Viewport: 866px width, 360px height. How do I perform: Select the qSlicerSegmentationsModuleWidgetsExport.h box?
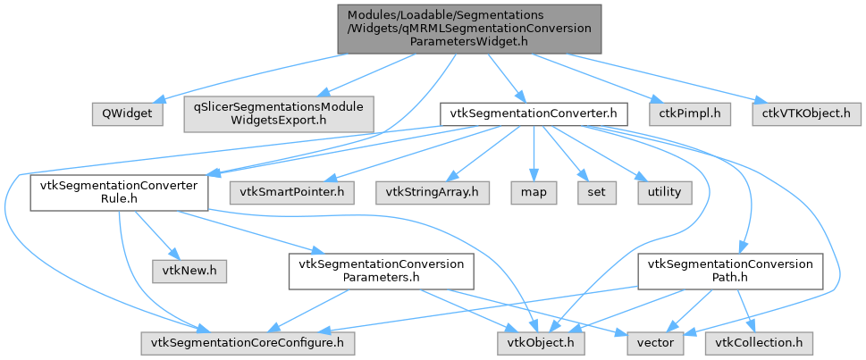[279, 113]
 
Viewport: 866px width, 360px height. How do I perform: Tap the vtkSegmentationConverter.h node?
[533, 113]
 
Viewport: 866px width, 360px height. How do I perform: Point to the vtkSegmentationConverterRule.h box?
[119, 192]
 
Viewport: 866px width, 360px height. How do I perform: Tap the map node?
[533, 192]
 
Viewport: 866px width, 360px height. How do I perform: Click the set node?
[592, 192]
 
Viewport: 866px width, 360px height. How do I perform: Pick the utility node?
[659, 192]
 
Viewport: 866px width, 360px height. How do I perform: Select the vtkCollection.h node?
[758, 341]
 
